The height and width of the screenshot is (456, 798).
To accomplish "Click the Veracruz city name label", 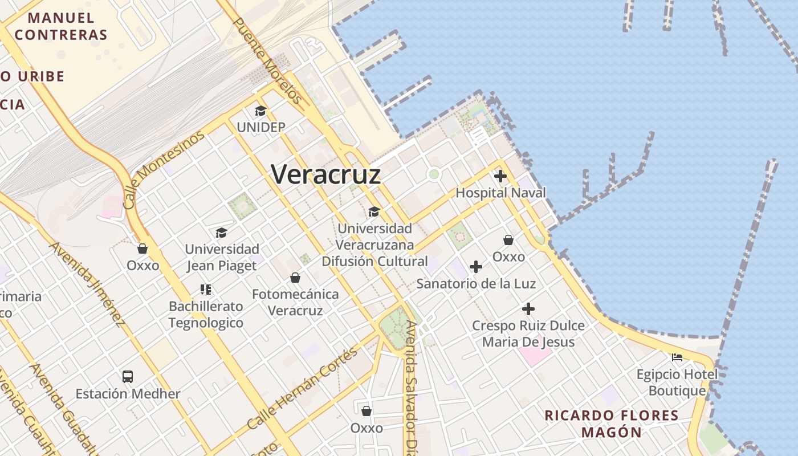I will coord(326,174).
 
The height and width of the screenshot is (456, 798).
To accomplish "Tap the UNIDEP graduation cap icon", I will coord(260,111).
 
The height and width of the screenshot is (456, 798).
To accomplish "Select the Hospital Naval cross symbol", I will coord(500,176).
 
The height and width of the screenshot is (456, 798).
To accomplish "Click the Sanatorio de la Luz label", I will coord(476,283).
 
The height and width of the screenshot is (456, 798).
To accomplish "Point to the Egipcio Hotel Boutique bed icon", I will coord(677,357).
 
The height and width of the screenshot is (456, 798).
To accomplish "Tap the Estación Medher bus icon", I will coord(128,377).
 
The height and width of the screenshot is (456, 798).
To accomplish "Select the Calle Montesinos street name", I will coord(164,169).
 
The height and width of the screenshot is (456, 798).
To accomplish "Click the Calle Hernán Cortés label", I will coord(303,389).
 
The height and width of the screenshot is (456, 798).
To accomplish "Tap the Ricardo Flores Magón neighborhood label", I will coord(611,424).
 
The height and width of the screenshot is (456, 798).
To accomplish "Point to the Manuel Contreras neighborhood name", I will coord(61,26).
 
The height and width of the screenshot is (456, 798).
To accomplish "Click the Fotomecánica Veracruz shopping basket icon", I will coord(295,278).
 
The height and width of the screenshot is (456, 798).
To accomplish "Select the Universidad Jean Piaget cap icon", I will coord(221,233).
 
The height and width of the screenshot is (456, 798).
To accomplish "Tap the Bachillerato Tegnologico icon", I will coord(206,290).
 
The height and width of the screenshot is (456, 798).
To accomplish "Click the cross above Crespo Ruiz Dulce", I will coord(528,310).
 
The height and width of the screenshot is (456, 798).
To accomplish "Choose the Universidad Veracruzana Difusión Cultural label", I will coord(374,245).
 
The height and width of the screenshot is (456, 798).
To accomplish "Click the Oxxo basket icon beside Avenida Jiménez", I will coord(142,249).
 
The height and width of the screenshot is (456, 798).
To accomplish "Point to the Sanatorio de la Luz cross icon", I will coord(476,267).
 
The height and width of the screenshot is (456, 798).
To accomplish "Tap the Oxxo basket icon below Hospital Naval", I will coord(508,240).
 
